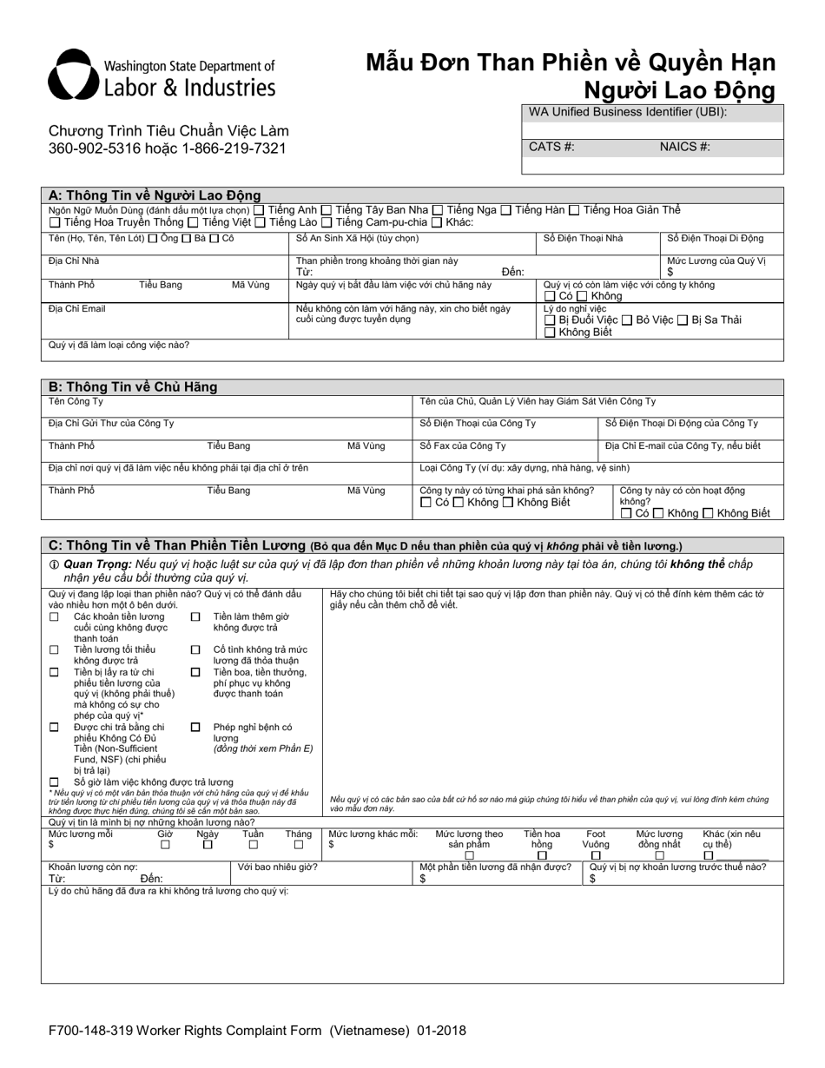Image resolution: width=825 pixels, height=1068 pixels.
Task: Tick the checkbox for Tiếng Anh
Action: click(259, 210)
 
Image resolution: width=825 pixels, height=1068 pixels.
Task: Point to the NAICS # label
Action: click(684, 147)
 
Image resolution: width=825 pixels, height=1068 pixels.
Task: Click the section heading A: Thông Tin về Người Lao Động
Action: click(155, 195)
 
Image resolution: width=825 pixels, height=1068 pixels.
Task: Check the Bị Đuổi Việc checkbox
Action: click(550, 320)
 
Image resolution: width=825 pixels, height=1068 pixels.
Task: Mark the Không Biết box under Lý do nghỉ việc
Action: click(550, 333)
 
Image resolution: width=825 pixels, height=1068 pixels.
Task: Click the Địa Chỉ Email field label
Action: click(77, 309)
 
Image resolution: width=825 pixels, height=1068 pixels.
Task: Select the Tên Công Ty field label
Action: click(76, 401)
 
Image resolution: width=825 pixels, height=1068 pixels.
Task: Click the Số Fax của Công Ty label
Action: click(463, 446)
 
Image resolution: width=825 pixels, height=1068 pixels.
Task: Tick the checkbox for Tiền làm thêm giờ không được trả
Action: click(195, 616)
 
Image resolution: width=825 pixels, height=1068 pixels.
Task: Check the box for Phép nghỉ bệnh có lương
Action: click(195, 728)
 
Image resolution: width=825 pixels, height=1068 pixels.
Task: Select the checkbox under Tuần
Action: click(254, 844)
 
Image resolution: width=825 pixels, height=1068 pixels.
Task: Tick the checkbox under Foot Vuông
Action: click(596, 855)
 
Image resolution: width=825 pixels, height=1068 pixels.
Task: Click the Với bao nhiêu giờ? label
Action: click(278, 867)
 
